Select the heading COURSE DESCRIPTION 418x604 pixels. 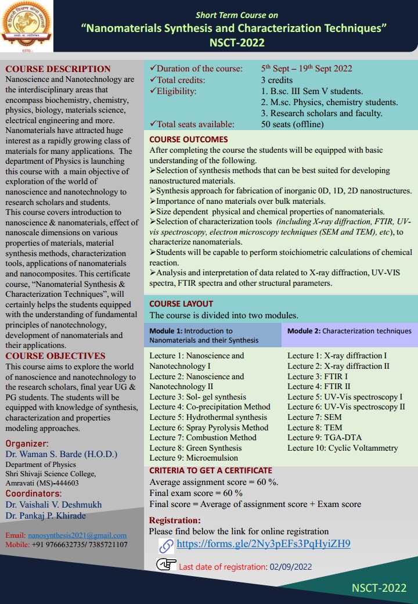pyautogui.click(x=57, y=69)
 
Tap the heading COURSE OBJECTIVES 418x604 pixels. pyautogui.click(x=55, y=356)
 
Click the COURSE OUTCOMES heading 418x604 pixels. pyautogui.click(x=189, y=139)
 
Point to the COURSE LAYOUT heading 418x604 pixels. pyautogui.click(x=181, y=304)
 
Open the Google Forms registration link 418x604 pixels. pyautogui.click(x=263, y=544)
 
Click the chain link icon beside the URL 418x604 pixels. pyautogui.click(x=167, y=545)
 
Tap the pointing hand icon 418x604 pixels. pyautogui.click(x=166, y=565)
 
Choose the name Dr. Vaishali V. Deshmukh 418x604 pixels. pyautogui.click(x=53, y=505)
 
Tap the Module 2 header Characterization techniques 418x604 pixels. pyautogui.click(x=349, y=331)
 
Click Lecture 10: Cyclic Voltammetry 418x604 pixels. pyautogui.click(x=343, y=448)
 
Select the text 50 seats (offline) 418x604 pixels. pyautogui.click(x=292, y=124)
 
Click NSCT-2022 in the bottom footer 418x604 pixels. pyautogui.click(x=379, y=588)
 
